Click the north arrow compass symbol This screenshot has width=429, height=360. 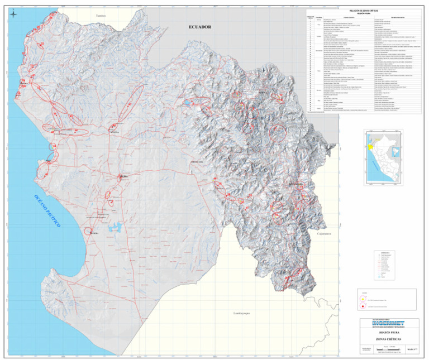13,15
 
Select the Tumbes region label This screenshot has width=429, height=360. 101,16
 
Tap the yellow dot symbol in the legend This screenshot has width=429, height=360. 363,299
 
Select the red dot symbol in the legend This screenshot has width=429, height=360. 363,306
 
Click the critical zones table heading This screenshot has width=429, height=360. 363,11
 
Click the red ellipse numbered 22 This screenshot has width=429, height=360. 278,132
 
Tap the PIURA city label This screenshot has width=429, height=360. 124,177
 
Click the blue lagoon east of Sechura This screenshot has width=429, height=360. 118,227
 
